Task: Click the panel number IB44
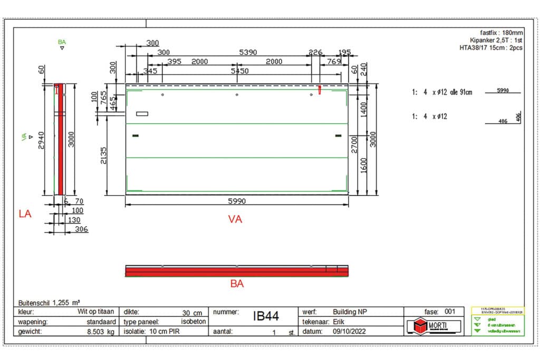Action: pyautogui.click(x=266, y=316)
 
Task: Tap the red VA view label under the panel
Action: pyautogui.click(x=235, y=219)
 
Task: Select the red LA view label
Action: pyautogui.click(x=25, y=213)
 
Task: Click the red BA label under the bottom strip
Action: pyautogui.click(x=237, y=284)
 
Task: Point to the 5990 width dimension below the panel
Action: pyautogui.click(x=237, y=201)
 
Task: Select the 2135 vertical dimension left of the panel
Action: pyautogui.click(x=104, y=155)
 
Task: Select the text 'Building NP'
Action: pyautogui.click(x=350, y=312)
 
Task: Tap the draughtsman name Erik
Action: pyautogui.click(x=339, y=322)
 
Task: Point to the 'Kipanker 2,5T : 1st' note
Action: pyautogui.click(x=496, y=40)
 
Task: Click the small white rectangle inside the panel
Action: pyautogui.click(x=142, y=114)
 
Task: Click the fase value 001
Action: pyautogui.click(x=449, y=312)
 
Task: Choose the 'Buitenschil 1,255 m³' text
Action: pyautogui.click(x=49, y=303)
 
